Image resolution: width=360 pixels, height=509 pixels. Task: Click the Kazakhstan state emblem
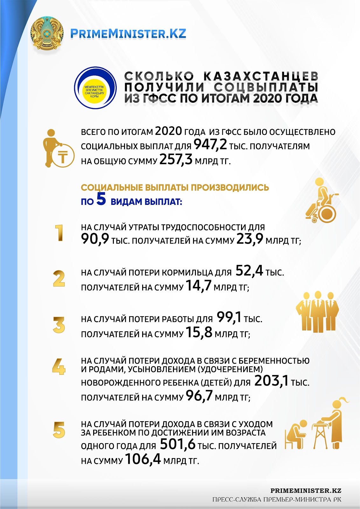[x=46, y=33]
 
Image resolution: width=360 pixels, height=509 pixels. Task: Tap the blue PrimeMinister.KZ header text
[x=128, y=34]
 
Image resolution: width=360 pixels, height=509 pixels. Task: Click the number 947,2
[x=210, y=145]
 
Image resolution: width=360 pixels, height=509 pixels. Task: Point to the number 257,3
[x=176, y=159]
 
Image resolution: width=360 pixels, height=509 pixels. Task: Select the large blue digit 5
[x=101, y=199]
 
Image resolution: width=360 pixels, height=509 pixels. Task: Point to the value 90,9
[x=95, y=239]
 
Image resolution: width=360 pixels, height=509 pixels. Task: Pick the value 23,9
[x=250, y=239]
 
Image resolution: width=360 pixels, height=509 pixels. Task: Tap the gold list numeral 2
[x=59, y=279]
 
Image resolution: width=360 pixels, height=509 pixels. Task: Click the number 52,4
[x=249, y=271]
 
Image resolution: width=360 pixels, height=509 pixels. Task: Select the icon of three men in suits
[x=317, y=312]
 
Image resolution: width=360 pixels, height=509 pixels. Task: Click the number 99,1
[x=229, y=317]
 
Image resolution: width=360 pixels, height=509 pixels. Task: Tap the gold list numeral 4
[x=59, y=366]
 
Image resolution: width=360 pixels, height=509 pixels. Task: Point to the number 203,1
[x=271, y=381]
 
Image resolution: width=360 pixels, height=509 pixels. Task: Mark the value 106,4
[x=143, y=459]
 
